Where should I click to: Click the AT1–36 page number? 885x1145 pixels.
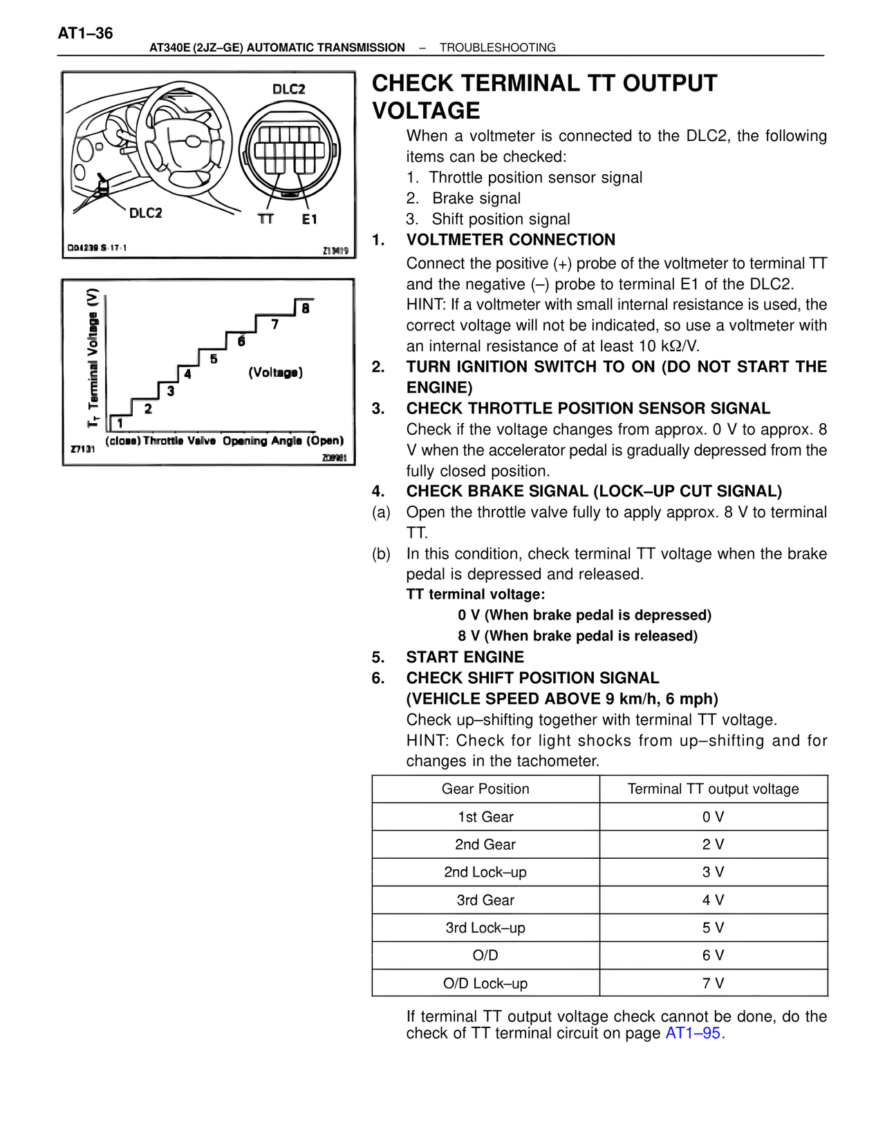click(85, 33)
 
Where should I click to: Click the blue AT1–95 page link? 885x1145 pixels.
click(693, 1034)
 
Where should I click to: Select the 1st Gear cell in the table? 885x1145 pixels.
click(485, 817)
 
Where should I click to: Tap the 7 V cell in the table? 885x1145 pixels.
click(713, 983)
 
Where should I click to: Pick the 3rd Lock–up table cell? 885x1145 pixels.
click(485, 928)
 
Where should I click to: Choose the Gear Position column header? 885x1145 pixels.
click(485, 789)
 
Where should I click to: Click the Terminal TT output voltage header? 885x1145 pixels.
click(713, 789)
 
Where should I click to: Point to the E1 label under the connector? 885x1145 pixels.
click(309, 219)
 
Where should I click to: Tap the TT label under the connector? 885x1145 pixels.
click(265, 219)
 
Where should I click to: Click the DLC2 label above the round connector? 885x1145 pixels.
click(288, 89)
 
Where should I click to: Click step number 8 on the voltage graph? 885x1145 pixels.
click(305, 308)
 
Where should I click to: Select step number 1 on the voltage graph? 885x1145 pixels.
click(120, 422)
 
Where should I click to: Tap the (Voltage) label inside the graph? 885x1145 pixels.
click(275, 373)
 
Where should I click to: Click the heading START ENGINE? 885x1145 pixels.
click(465, 657)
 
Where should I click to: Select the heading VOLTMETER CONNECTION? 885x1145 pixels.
click(510, 240)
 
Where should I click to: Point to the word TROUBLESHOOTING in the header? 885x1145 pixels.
click(497, 48)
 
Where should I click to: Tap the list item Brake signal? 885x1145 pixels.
click(476, 198)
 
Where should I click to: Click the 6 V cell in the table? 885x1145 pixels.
click(713, 956)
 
